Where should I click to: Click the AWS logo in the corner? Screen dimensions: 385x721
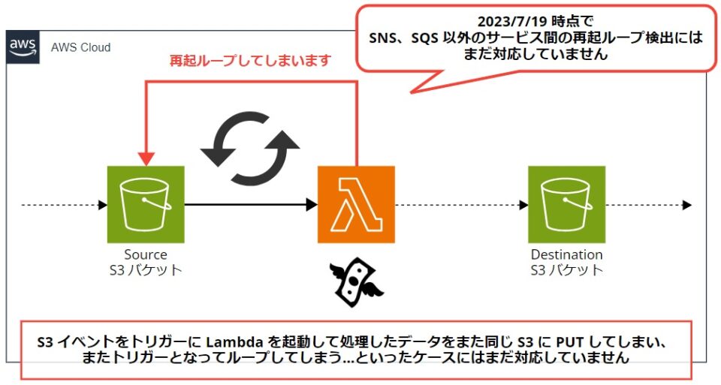[23, 47]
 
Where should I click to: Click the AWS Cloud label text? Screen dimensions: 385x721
[80, 47]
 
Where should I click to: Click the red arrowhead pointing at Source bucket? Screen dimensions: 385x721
[146, 158]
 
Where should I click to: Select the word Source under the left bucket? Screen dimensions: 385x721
[146, 254]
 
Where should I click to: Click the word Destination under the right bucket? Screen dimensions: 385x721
[566, 254]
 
